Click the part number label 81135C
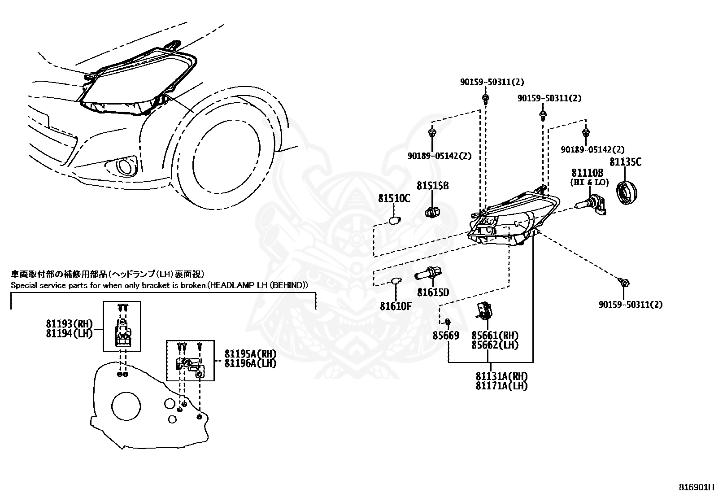[x=625, y=162]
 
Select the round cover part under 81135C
[x=627, y=193]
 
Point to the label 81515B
[x=432, y=186]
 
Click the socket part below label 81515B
[x=432, y=211]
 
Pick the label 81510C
[x=394, y=198]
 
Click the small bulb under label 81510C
[x=395, y=220]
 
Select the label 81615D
[x=433, y=292]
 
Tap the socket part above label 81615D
[x=428, y=273]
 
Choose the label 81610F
[x=396, y=306]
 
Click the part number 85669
[x=446, y=336]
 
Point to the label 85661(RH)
[x=495, y=336]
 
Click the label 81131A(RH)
[x=502, y=376]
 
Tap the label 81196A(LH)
[x=251, y=363]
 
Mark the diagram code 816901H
[x=696, y=487]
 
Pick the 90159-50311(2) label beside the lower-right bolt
[x=631, y=305]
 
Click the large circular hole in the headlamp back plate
[x=126, y=406]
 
